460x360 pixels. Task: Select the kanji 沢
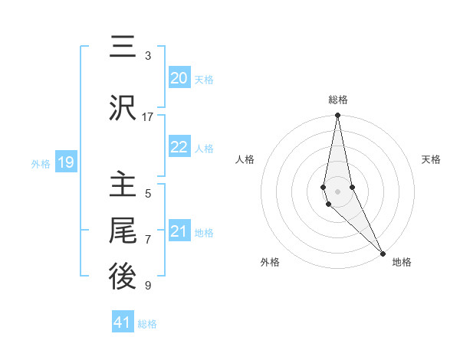tap(123, 108)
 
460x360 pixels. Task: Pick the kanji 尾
tap(123, 231)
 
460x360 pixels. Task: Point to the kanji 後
tap(123, 277)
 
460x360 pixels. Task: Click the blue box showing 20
tap(179, 78)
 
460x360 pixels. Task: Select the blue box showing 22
tap(179, 147)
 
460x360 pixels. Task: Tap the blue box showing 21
tap(179, 231)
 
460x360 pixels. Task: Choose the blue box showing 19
tap(65, 162)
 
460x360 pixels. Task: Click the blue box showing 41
tap(123, 322)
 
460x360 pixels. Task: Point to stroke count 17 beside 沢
tap(148, 117)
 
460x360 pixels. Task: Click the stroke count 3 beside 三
tap(148, 56)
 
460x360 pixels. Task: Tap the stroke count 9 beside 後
tap(148, 286)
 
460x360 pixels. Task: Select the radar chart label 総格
tap(338, 100)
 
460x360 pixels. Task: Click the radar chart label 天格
tap(432, 159)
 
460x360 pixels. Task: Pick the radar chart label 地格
tap(402, 262)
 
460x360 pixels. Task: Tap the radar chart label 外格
tap(270, 262)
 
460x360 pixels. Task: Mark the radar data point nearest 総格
tap(337, 116)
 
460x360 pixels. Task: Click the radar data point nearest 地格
tap(382, 253)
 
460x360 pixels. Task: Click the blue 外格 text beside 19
tap(40, 163)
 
